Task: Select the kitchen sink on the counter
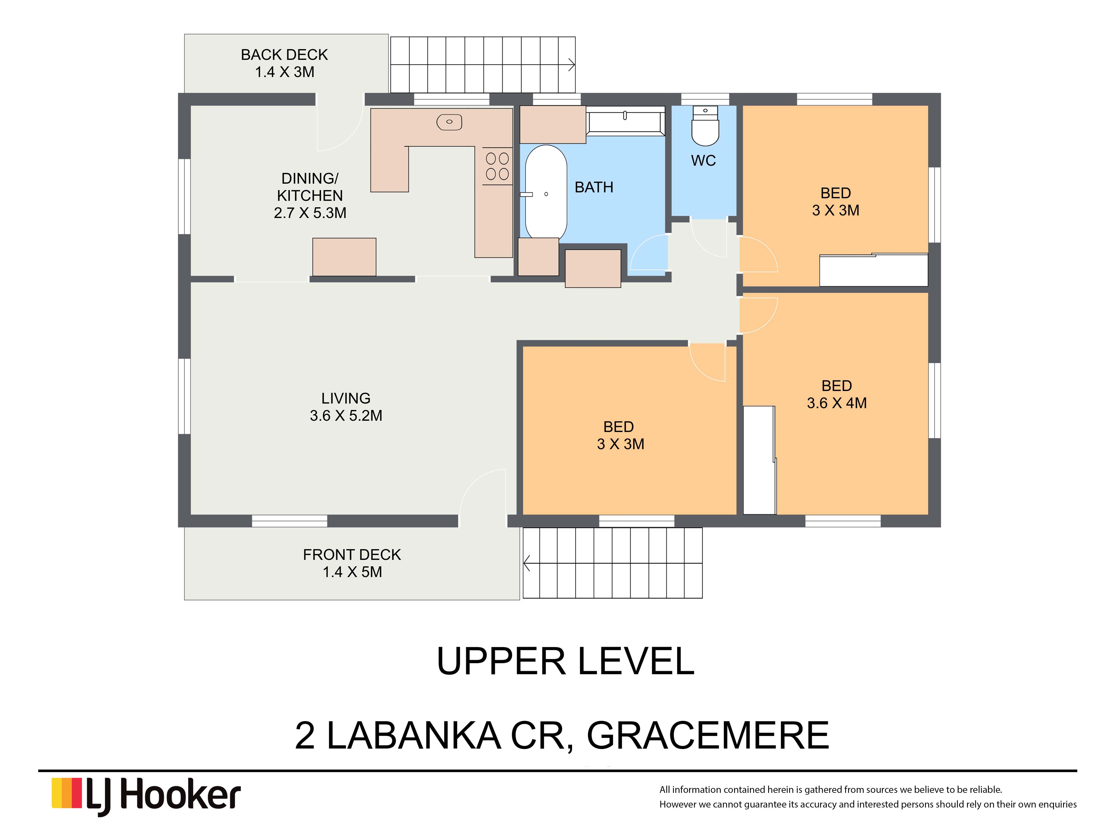coord(449,122)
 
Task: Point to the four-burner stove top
coord(497,166)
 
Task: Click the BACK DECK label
coord(284,55)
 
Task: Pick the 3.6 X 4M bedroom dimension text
coord(837,403)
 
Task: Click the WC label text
coord(703,161)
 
